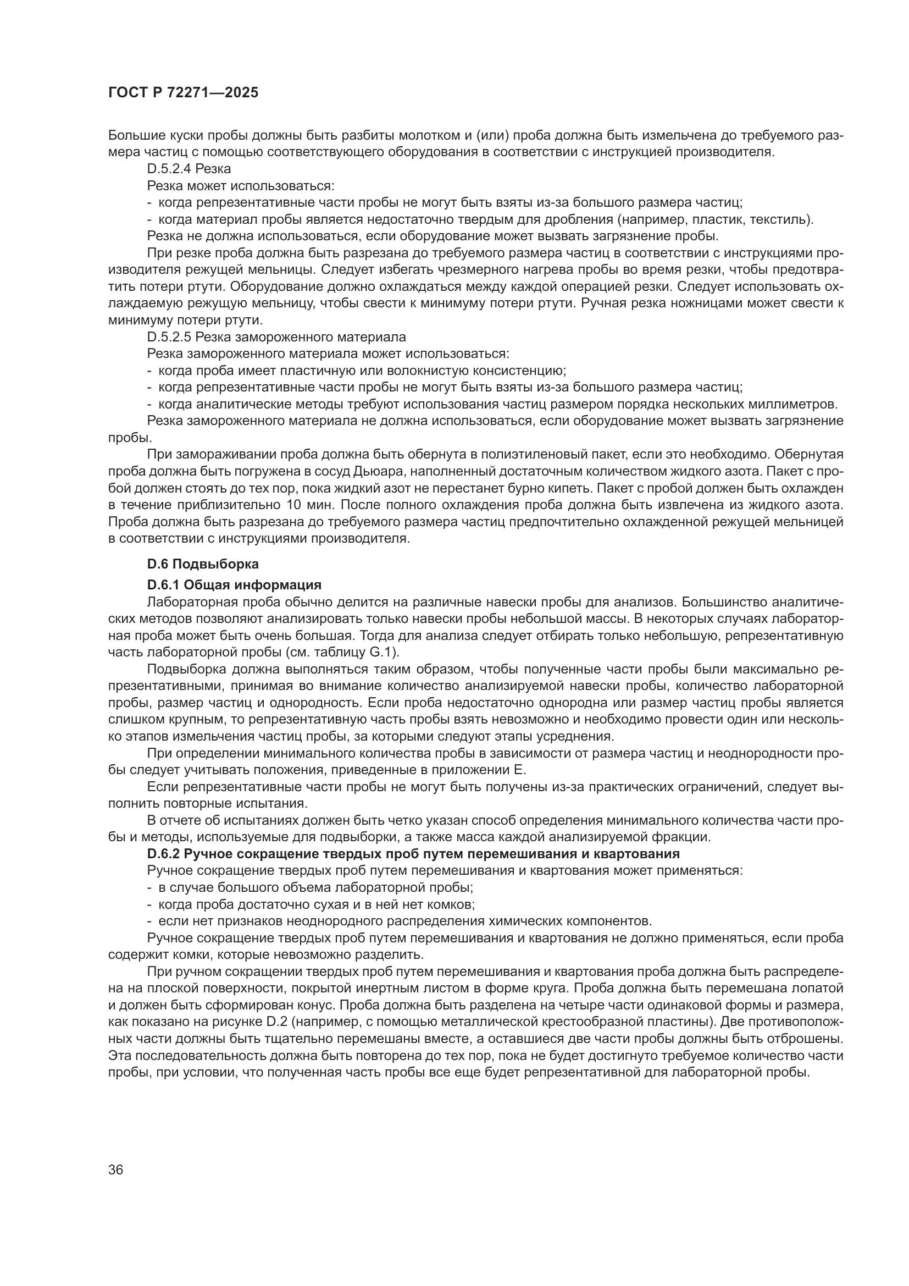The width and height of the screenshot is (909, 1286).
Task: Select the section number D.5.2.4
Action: click(x=169, y=169)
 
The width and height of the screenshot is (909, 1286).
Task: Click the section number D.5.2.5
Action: click(x=169, y=337)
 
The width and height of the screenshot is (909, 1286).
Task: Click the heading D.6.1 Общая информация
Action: click(x=234, y=586)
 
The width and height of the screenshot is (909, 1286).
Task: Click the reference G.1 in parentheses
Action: click(x=385, y=653)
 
